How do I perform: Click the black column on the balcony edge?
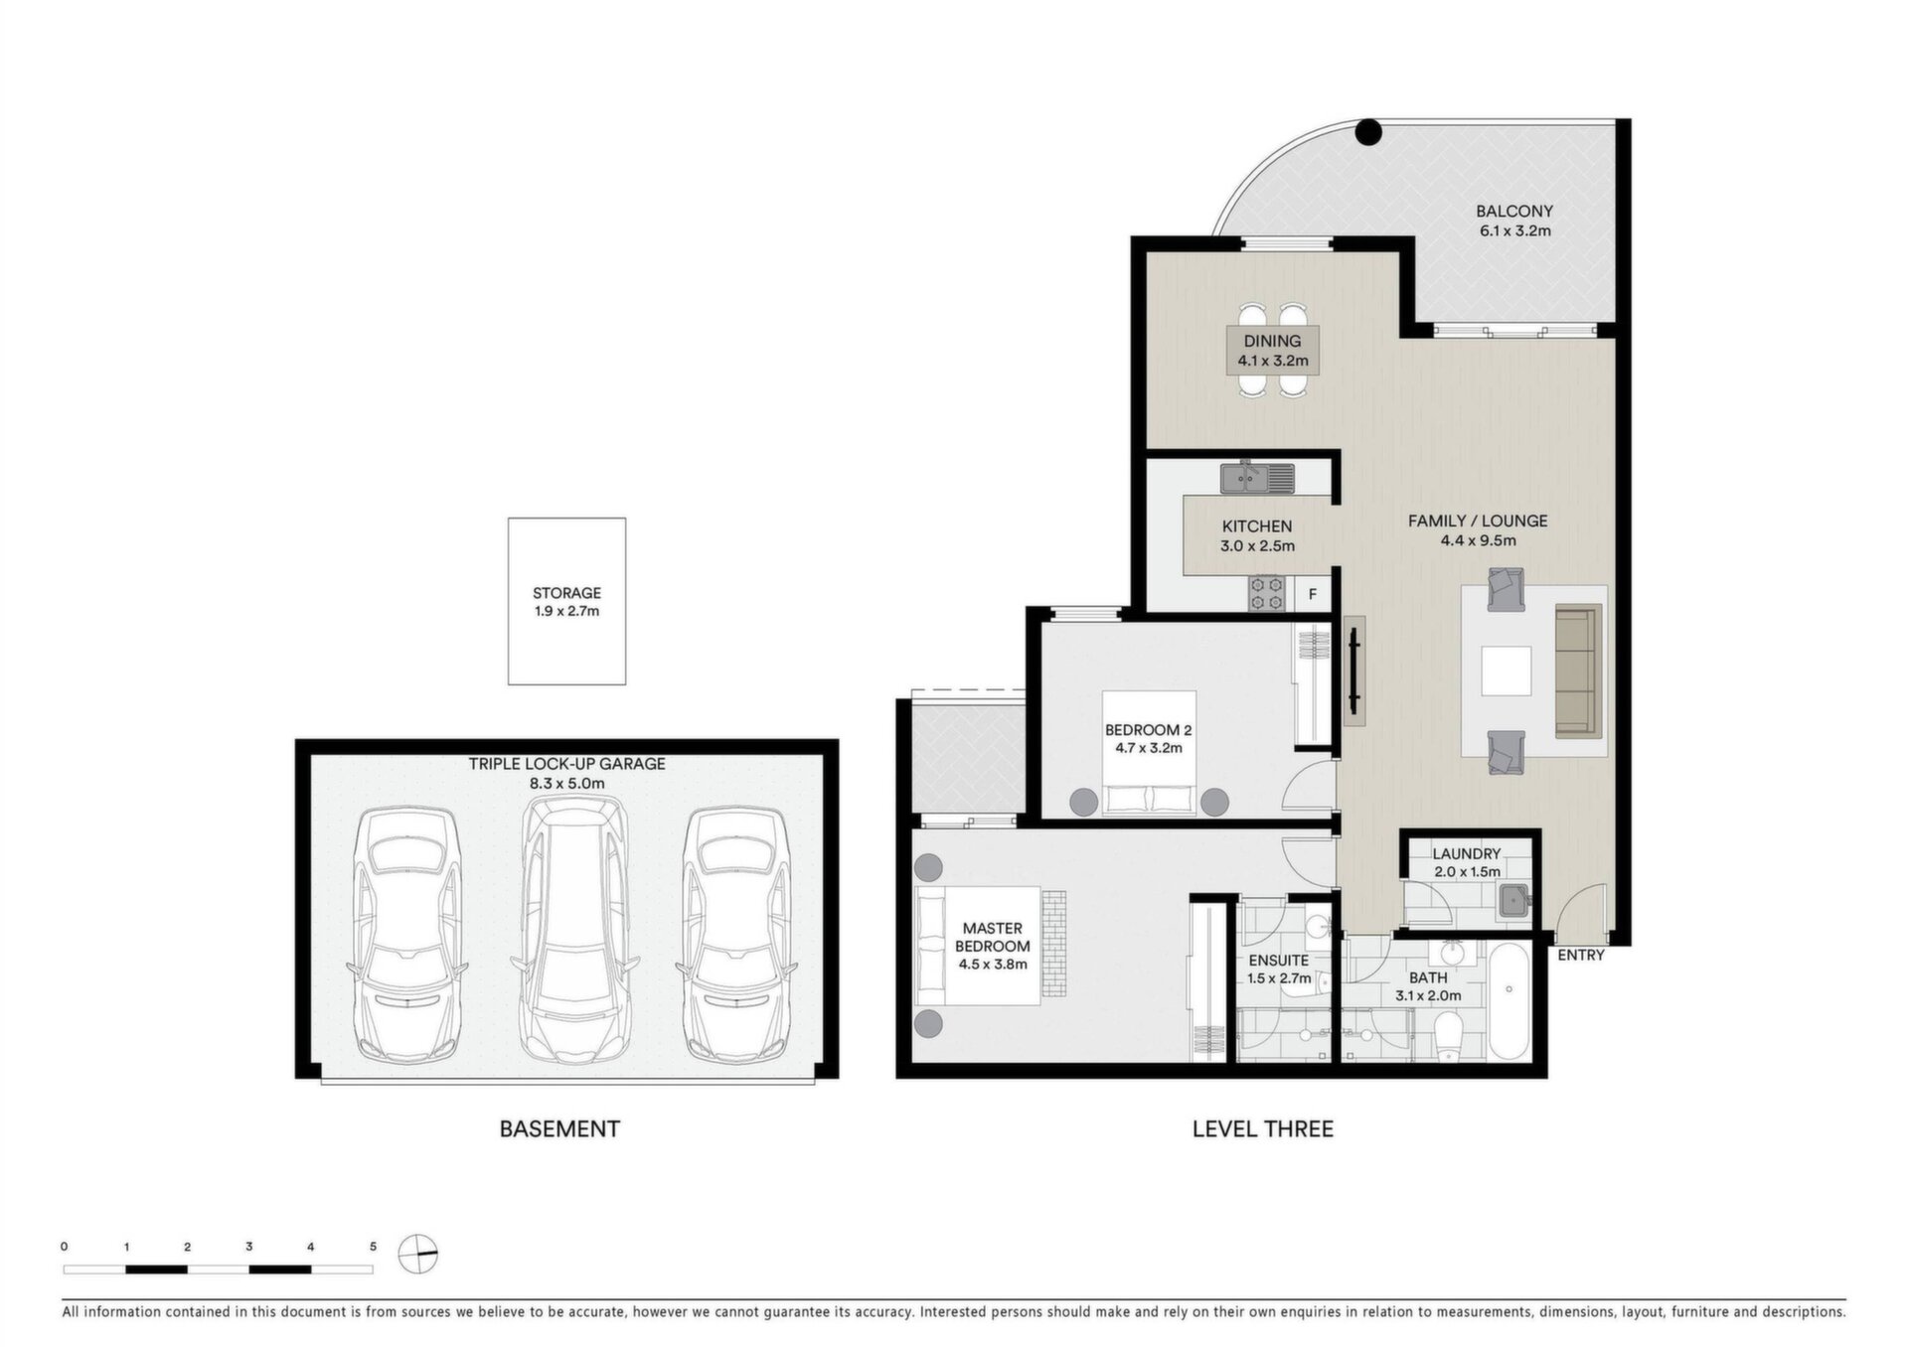click(x=1369, y=131)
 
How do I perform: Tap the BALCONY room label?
click(x=1513, y=211)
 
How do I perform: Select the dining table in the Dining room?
click(x=1272, y=350)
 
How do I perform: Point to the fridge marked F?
click(x=1312, y=594)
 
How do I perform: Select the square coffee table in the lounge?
click(x=1506, y=672)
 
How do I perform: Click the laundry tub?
click(x=1513, y=900)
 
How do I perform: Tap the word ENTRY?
click(x=1580, y=956)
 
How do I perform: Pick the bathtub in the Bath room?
click(x=1509, y=1000)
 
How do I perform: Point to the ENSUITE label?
click(x=1279, y=961)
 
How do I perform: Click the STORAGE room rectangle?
click(x=566, y=601)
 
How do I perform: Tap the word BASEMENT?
click(x=559, y=1129)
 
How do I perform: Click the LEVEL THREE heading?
click(x=1262, y=1129)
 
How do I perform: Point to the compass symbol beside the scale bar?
click(x=417, y=1254)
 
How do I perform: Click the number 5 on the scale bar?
click(x=373, y=1247)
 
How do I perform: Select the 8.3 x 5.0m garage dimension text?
click(x=566, y=783)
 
